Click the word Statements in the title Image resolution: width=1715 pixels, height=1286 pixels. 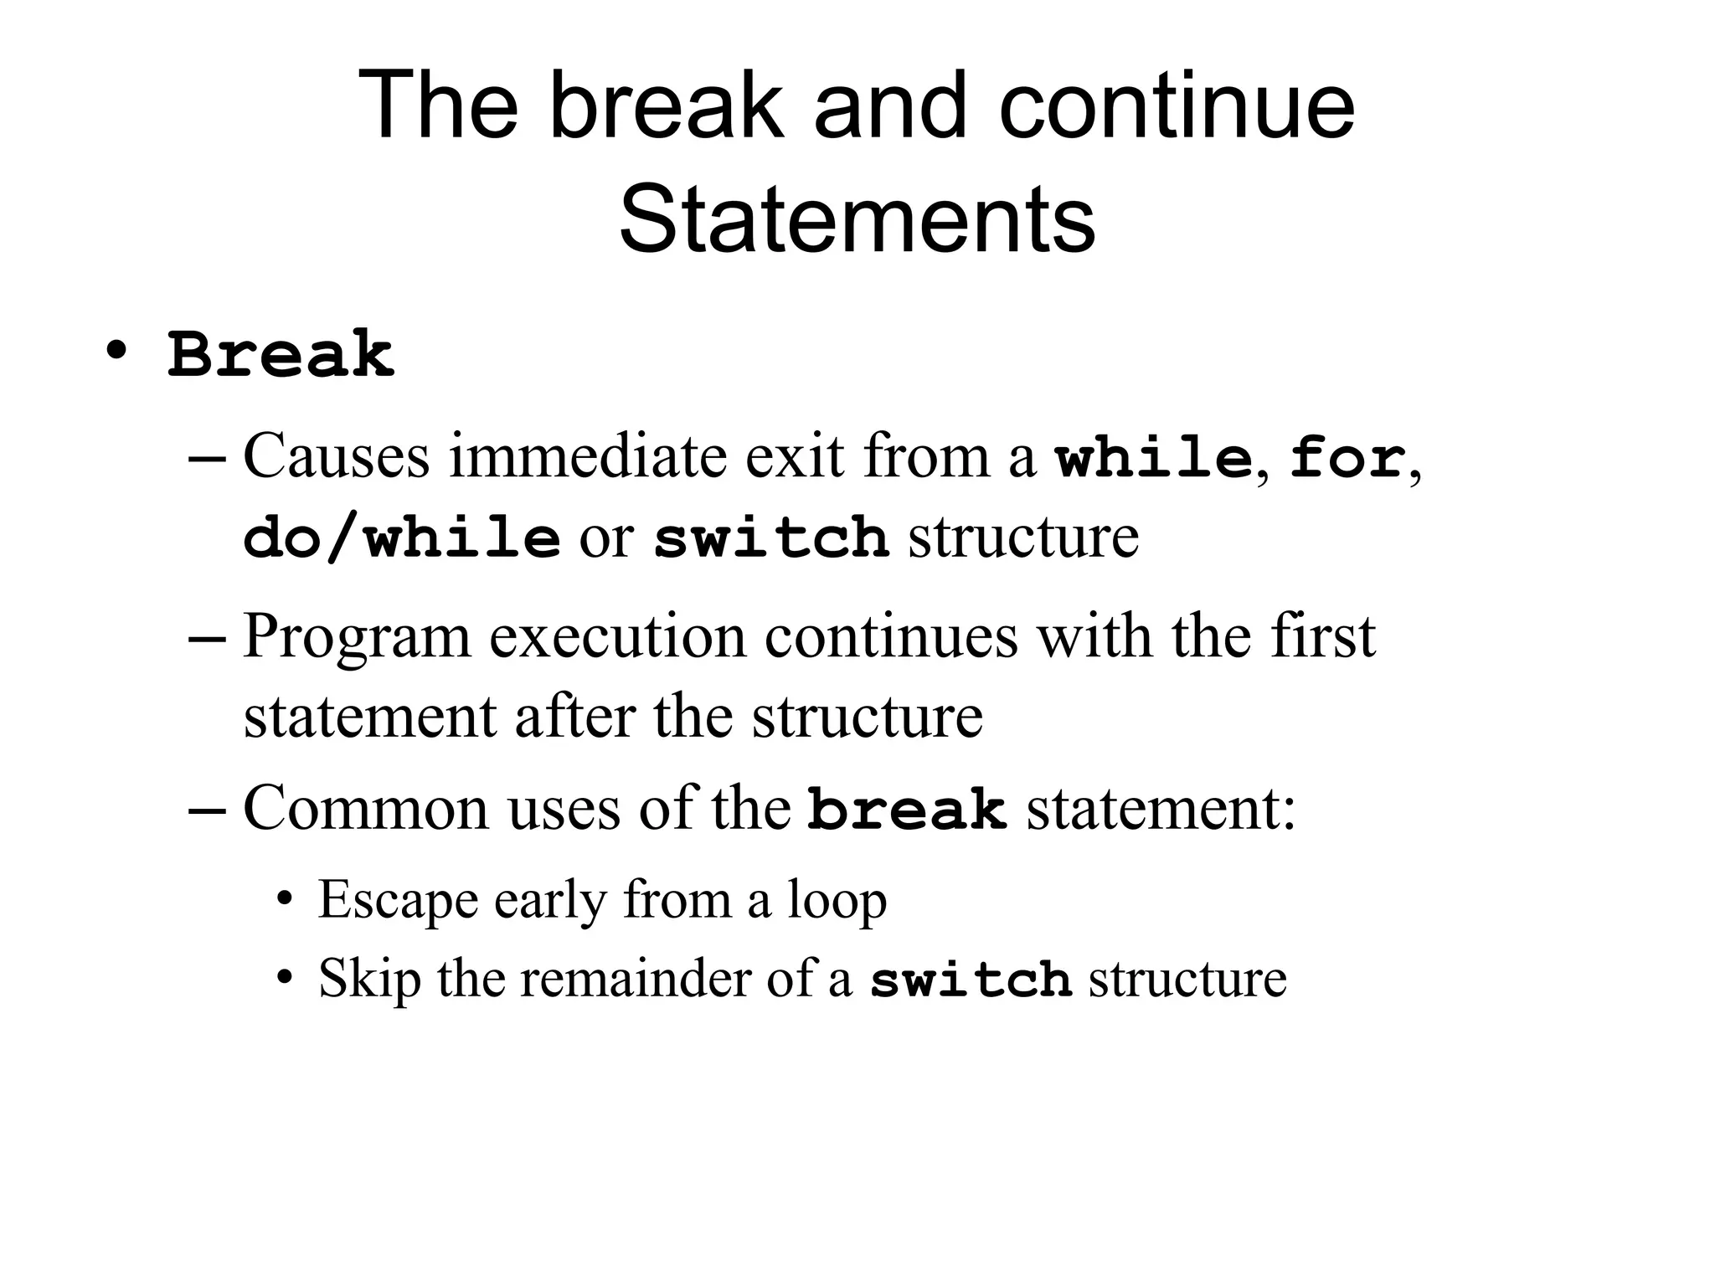857,219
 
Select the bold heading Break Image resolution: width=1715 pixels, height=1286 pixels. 281,355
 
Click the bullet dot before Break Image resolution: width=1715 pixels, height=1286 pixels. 116,349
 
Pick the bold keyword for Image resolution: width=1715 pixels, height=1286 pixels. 1347,459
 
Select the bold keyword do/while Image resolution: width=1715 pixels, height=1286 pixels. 401,538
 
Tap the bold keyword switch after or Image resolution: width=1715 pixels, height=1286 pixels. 770,538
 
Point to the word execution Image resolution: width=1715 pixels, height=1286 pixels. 617,637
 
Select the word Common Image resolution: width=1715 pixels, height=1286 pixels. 365,809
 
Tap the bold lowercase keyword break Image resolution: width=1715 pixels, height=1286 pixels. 907,810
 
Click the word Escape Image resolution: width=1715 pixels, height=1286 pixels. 397,901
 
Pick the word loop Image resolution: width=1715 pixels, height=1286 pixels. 836,903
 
